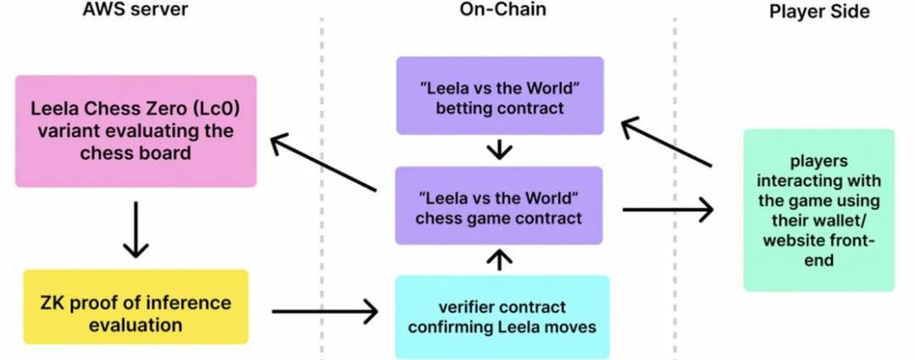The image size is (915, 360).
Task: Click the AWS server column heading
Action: [136, 10]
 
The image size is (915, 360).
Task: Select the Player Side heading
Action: [818, 10]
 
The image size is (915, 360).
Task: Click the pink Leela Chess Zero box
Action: [136, 130]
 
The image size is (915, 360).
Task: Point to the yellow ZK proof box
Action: [136, 307]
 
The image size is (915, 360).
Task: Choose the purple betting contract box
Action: [500, 95]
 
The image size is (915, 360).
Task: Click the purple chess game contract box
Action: [500, 205]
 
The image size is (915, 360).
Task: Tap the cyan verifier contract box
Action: [502, 317]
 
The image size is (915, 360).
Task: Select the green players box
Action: [818, 210]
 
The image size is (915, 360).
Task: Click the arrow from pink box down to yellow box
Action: [136, 230]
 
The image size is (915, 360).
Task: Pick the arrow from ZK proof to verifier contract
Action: [325, 312]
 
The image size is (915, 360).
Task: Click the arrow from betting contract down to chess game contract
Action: [500, 150]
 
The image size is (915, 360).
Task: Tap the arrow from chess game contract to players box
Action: [668, 209]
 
